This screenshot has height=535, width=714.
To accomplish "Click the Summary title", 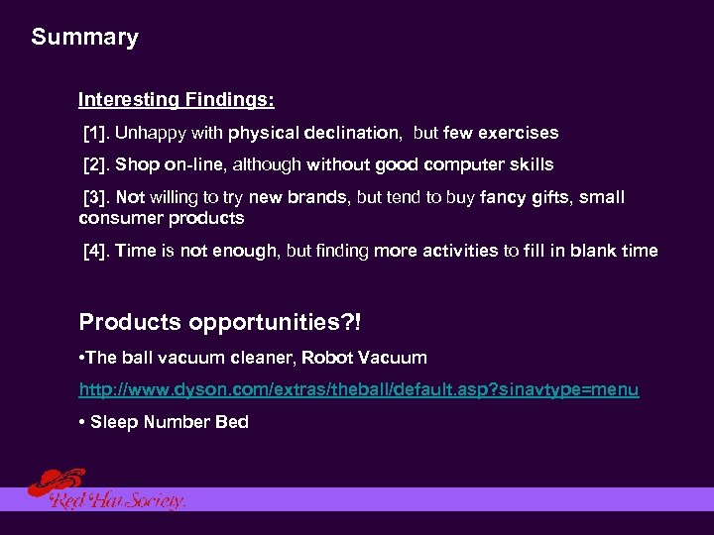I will [84, 38].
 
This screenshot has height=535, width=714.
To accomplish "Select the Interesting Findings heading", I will [177, 99].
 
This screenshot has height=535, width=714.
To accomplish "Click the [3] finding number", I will [97, 197].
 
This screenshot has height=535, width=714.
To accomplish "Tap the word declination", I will [353, 133].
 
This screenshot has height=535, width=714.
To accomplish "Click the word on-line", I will [194, 164].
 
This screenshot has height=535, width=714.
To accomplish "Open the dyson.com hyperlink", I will [358, 390].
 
